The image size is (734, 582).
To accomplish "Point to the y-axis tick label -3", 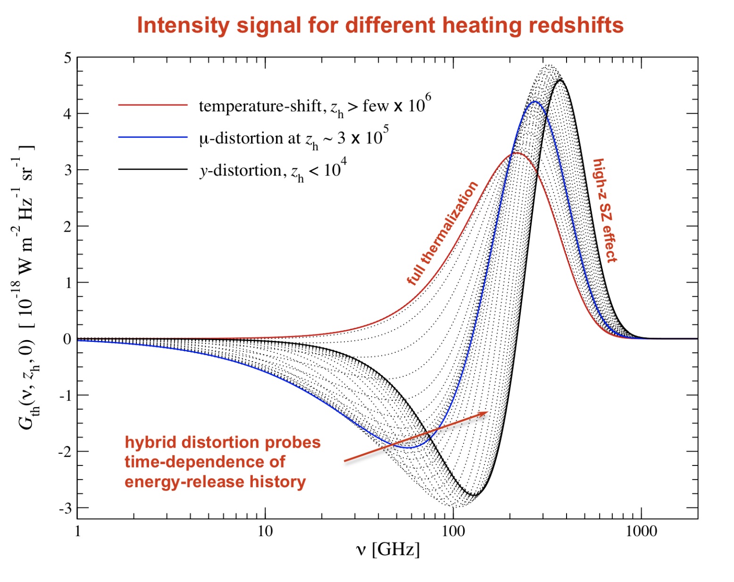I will pos(66,508).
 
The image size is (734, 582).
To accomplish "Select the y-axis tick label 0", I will pos(67,339).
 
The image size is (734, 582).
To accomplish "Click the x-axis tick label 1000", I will pos(641,532).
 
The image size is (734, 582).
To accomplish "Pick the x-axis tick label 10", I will pos(265,532).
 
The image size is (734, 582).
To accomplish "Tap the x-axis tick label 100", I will pos(453,532).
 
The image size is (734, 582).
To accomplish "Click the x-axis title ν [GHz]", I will pos(388,549).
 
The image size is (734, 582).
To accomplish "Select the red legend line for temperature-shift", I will pos(153,105).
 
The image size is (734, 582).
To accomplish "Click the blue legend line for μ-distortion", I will pos(153,137).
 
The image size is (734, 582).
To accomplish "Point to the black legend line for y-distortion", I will pos(153,169).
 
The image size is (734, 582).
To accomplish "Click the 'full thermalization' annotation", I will pos(442,233).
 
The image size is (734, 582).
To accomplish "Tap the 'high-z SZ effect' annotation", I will pos(605,210).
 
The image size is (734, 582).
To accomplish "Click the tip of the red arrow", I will pos(488,412).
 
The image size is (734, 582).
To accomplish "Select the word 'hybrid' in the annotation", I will pos(150,442).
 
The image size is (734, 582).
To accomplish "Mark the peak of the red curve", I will pos(517,153).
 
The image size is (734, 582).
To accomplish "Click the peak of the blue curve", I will pos(535,102).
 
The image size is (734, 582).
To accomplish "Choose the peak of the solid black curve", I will pos(560,80).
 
